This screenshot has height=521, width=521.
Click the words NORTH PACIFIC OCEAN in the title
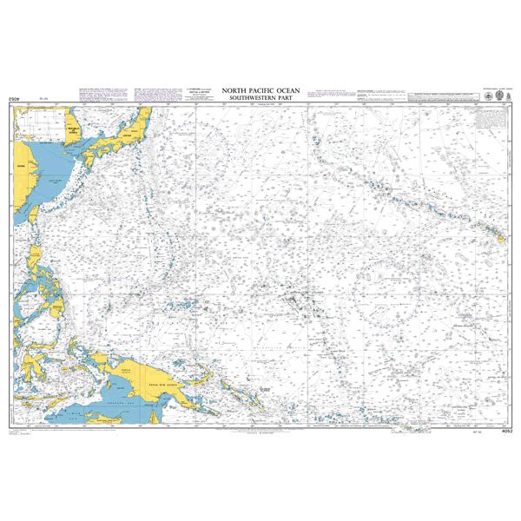[x=260, y=89]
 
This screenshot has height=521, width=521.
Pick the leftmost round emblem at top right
[x=472, y=94]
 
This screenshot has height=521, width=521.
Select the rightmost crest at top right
[x=497, y=94]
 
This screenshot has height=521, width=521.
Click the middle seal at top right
[x=485, y=94]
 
